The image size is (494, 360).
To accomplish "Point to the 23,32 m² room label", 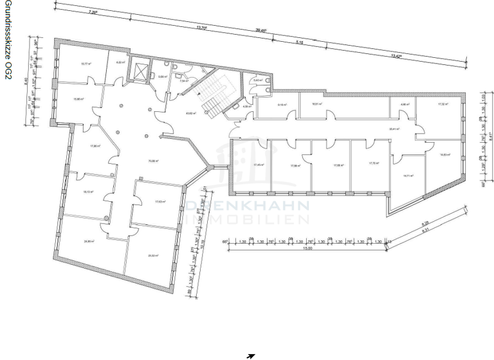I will tap(152, 255).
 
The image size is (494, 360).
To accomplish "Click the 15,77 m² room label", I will tap(84, 64).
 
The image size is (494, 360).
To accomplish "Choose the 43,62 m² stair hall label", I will tap(190, 114).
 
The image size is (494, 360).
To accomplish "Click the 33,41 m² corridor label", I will tap(394, 129).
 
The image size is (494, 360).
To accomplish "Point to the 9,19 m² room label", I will tap(282, 105).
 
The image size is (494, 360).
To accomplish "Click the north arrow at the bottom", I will tap(251, 355).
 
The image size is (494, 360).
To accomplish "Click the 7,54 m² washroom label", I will tap(183, 81).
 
